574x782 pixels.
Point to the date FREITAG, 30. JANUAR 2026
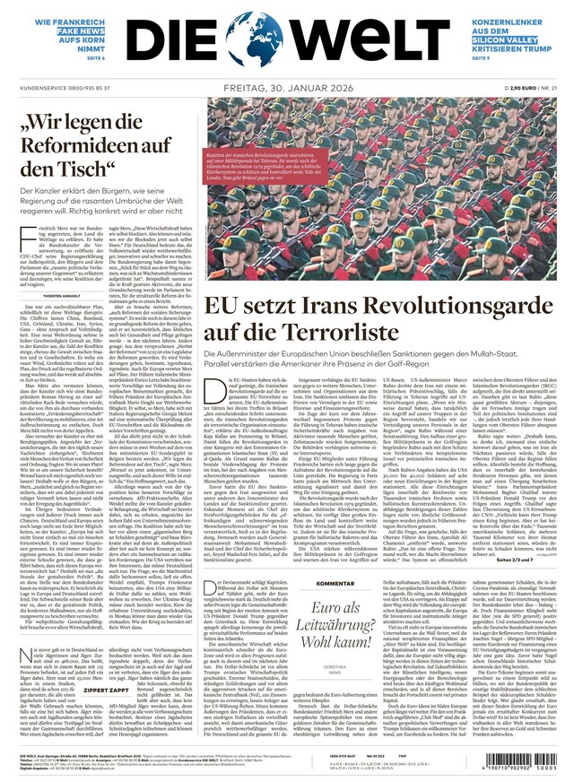point(286,88)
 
